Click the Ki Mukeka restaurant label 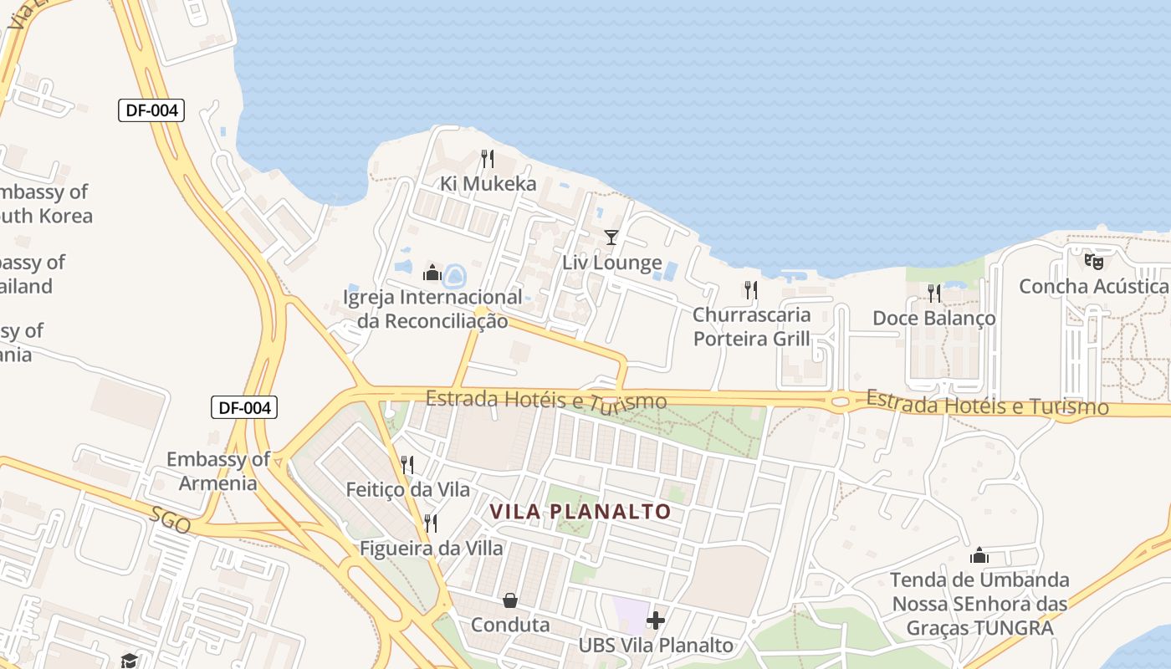pyautogui.click(x=488, y=183)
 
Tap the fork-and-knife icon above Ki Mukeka pyautogui.click(x=488, y=158)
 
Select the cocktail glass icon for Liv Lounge pyautogui.click(x=611, y=237)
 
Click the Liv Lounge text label pyautogui.click(x=611, y=263)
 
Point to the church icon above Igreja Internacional pyautogui.click(x=432, y=273)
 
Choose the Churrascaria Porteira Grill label pyautogui.click(x=751, y=326)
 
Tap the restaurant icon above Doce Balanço pyautogui.click(x=933, y=293)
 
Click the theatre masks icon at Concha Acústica pyautogui.click(x=1094, y=261)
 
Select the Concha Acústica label pyautogui.click(x=1093, y=287)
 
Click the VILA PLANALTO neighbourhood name pyautogui.click(x=580, y=511)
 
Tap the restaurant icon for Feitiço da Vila pyautogui.click(x=407, y=464)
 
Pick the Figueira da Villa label pyautogui.click(x=431, y=549)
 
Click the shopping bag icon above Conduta pyautogui.click(x=509, y=600)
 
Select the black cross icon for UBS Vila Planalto pyautogui.click(x=656, y=620)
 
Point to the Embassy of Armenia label pyautogui.click(x=217, y=471)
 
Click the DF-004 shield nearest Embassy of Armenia pyautogui.click(x=243, y=408)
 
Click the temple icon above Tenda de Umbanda pyautogui.click(x=979, y=555)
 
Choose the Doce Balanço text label pyautogui.click(x=933, y=318)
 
